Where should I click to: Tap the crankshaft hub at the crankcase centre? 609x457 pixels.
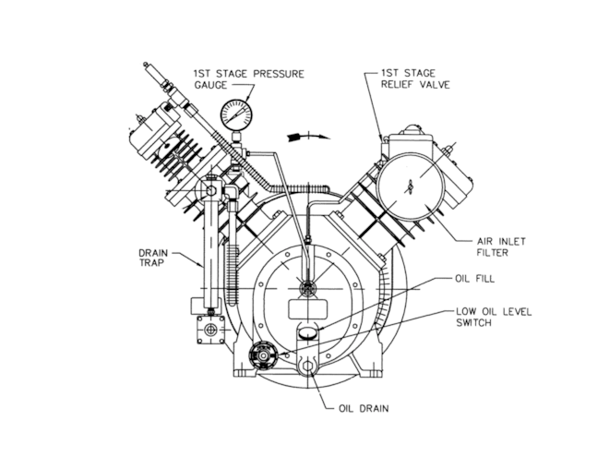click(309, 287)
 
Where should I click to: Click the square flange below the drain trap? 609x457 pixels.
click(211, 330)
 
